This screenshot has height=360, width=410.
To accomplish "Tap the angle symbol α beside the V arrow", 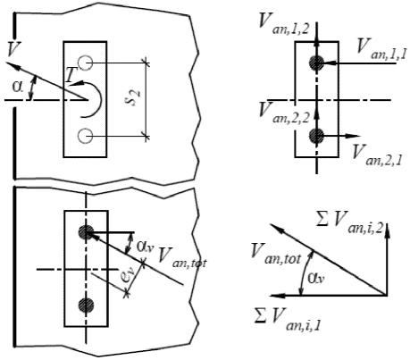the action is tap(18, 87).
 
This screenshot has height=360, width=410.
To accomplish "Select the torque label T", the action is tap(71, 74).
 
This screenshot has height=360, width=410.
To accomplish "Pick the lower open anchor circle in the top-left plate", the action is tap(86, 137).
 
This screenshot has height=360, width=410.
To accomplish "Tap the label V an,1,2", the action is tap(283, 24).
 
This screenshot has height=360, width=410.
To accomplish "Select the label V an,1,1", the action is tap(381, 50).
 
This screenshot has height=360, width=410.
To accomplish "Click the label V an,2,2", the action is tap(283, 113).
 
